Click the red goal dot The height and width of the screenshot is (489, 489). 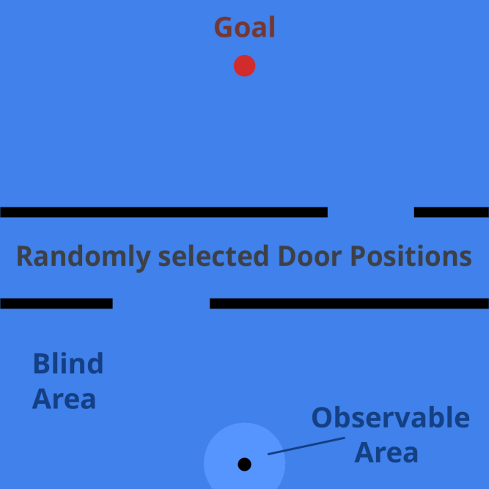coord(244,66)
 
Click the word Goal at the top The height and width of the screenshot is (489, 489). coord(244,28)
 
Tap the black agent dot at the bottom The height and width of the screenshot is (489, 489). coord(245,464)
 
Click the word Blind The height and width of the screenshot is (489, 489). coord(68,364)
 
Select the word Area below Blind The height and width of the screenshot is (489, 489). coord(64,400)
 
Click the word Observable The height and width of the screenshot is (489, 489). coord(390,417)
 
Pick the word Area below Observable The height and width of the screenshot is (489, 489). coord(386,452)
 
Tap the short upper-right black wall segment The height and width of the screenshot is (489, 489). coord(451,212)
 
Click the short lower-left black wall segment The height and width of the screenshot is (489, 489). coord(56,303)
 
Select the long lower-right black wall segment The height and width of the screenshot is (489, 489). coord(349,303)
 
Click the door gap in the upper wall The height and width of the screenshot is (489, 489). coord(370,212)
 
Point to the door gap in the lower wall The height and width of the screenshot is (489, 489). coord(161,303)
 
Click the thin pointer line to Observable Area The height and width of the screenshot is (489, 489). coord(306,446)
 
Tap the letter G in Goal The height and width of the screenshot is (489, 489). coord(222,28)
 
